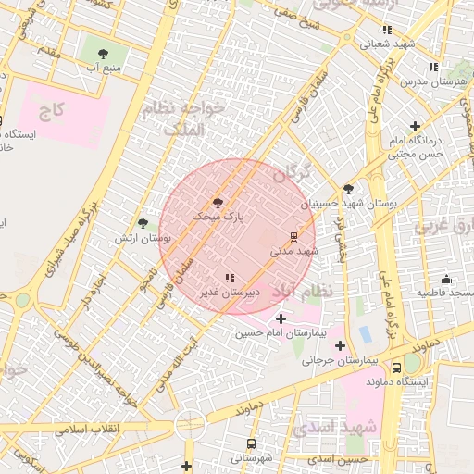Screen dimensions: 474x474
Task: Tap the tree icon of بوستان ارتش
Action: click(x=143, y=223)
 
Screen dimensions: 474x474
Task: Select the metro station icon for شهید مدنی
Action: click(x=293, y=235)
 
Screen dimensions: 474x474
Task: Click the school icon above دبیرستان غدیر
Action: click(x=230, y=277)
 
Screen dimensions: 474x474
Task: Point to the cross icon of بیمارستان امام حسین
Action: click(x=281, y=318)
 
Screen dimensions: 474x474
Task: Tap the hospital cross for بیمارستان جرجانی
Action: click(x=341, y=345)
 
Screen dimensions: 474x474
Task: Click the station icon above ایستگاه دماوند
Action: click(x=409, y=366)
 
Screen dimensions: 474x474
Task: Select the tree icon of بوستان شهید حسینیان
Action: click(x=348, y=188)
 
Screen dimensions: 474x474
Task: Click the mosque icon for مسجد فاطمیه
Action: click(x=446, y=279)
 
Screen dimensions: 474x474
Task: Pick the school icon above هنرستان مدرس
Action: click(x=433, y=67)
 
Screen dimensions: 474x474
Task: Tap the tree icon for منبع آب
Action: click(x=102, y=52)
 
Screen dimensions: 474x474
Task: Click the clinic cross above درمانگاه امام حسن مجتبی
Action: click(x=415, y=126)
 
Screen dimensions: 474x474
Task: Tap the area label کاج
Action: click(x=52, y=110)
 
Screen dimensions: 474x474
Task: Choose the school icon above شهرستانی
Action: click(x=251, y=443)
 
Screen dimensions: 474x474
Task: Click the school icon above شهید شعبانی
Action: click(x=387, y=30)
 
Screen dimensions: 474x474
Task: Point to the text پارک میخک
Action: click(x=220, y=215)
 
